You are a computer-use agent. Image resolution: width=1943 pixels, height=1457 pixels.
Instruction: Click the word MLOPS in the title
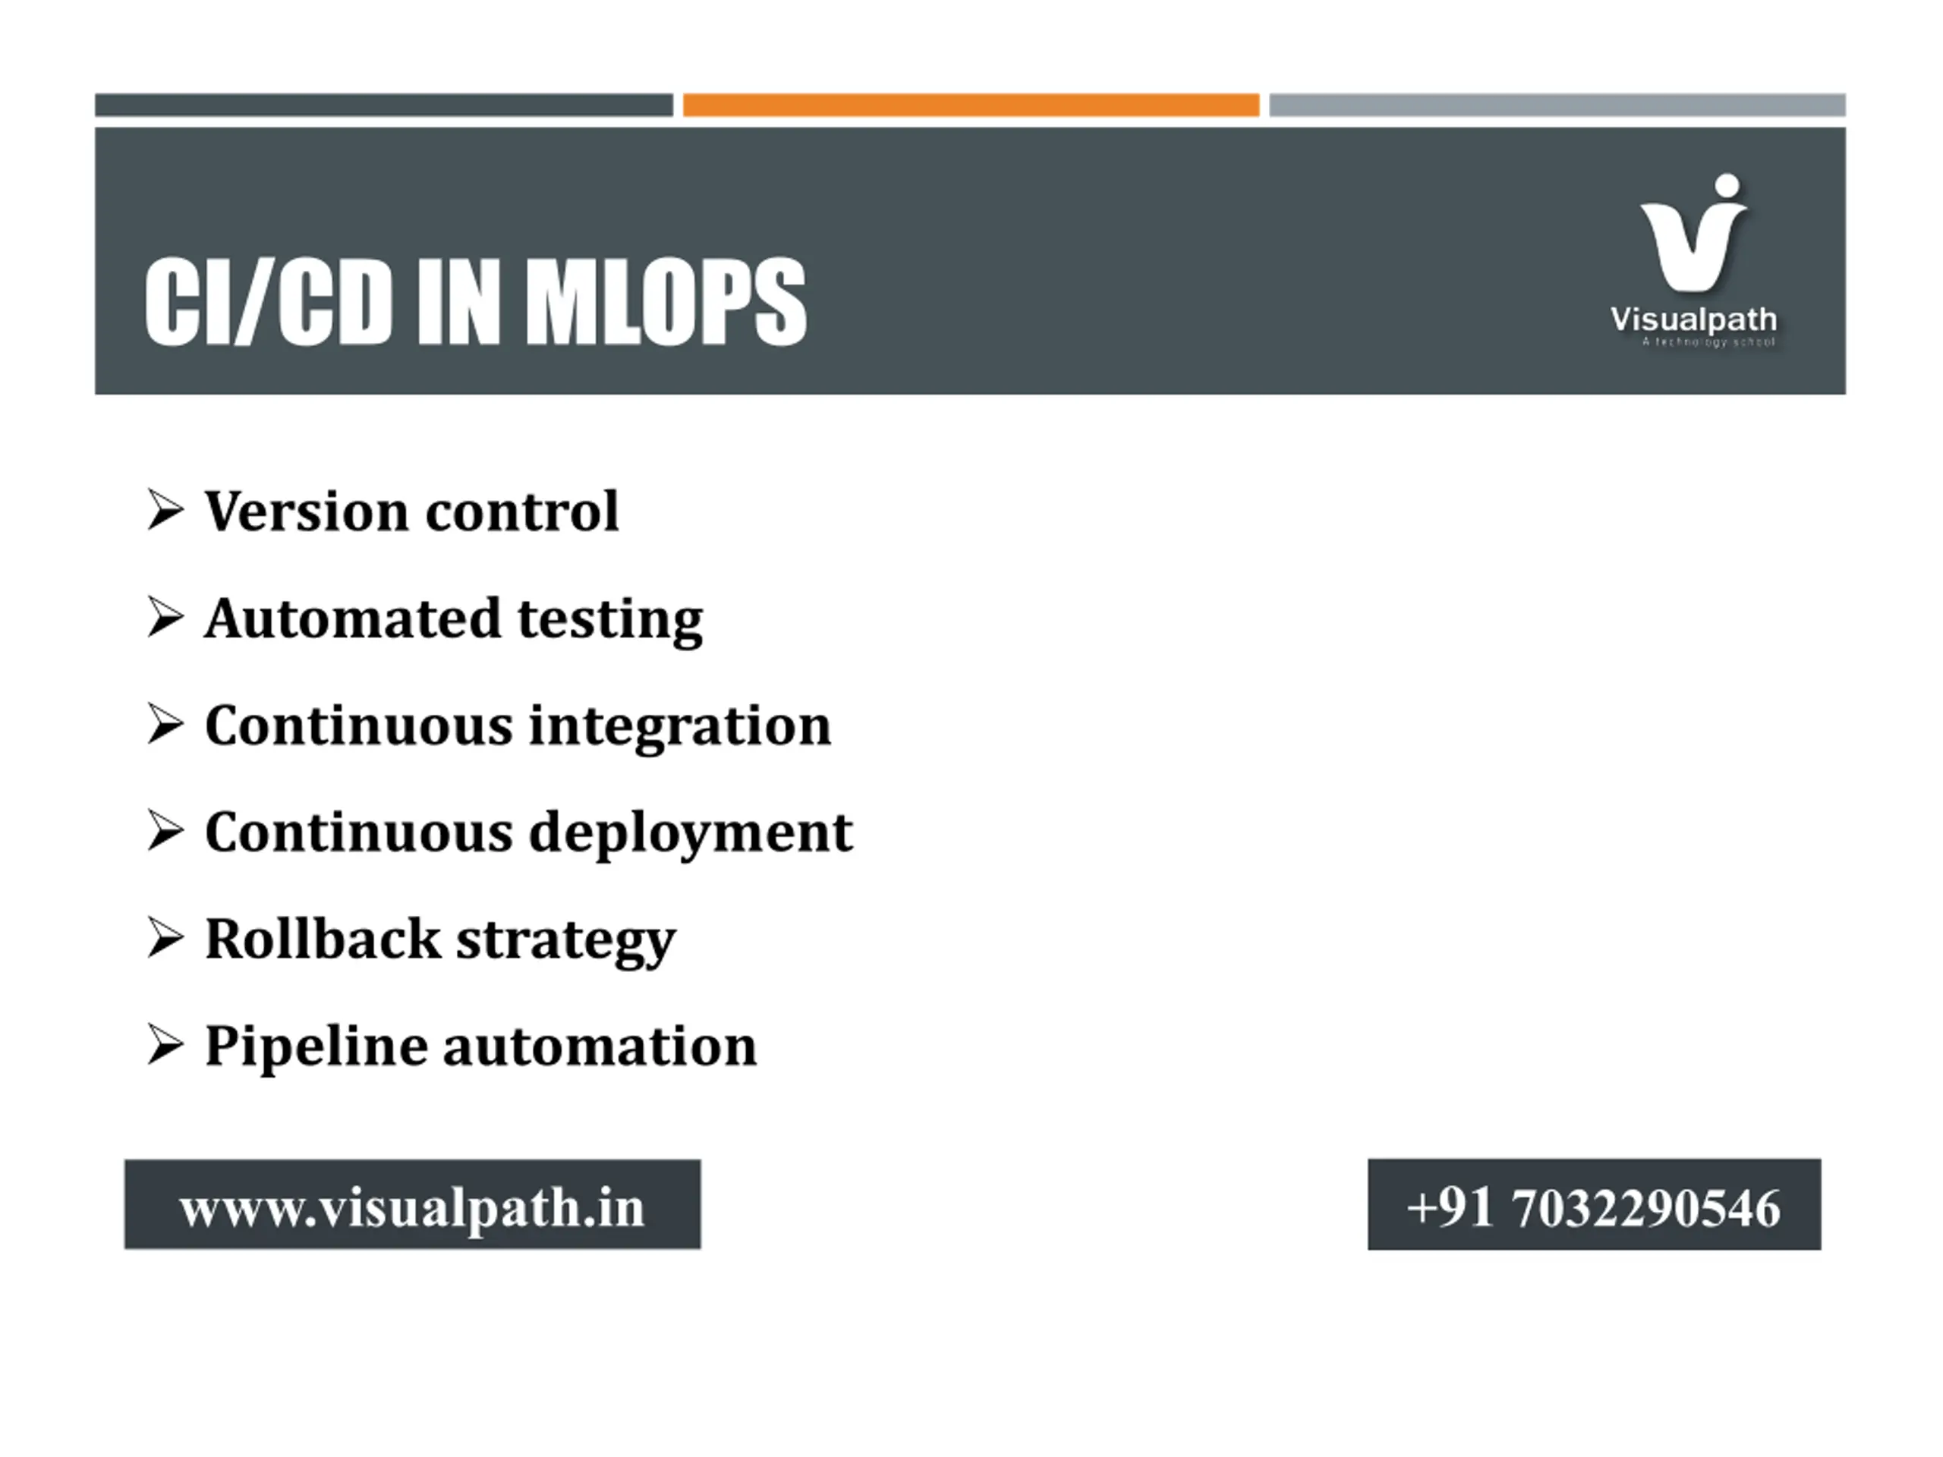tap(666, 301)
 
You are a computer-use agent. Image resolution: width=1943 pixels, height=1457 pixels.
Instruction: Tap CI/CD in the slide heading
tap(268, 301)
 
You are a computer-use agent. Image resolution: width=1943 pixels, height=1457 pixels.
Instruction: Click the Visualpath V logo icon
tap(1693, 233)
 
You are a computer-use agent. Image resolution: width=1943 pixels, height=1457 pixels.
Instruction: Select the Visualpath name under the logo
tap(1693, 319)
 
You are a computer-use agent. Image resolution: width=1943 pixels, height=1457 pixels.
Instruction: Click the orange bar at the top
tap(971, 105)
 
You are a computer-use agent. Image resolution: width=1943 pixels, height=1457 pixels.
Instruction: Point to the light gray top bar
tap(1557, 105)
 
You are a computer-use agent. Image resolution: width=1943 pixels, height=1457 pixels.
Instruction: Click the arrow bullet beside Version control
tap(166, 510)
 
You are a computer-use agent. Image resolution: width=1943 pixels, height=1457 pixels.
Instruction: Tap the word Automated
tap(353, 618)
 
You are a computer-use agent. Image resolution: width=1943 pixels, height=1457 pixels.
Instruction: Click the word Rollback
tap(323, 939)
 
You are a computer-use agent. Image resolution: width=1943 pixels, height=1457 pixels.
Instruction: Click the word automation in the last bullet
tap(600, 1046)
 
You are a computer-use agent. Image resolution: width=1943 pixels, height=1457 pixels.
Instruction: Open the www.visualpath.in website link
tap(412, 1207)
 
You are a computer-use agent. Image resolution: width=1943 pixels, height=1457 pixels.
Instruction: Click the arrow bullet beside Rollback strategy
tap(166, 938)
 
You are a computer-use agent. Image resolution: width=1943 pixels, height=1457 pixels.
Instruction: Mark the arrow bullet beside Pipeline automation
tap(166, 1045)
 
